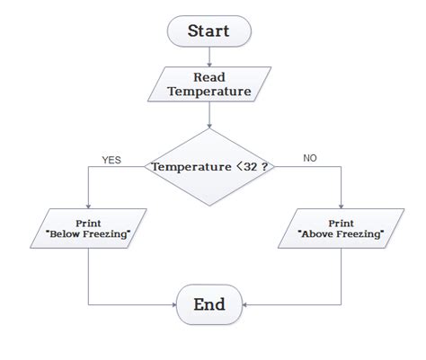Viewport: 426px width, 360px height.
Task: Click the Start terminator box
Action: click(209, 31)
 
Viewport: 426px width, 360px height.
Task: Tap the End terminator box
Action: click(209, 304)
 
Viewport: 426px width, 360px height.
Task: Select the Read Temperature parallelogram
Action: click(209, 83)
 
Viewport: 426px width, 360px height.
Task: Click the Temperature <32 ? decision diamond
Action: click(209, 167)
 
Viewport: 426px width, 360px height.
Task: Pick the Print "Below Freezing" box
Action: click(88, 228)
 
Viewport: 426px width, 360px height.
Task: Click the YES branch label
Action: click(111, 161)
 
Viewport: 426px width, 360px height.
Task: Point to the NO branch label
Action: click(310, 158)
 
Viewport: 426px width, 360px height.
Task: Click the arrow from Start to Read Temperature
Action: click(209, 57)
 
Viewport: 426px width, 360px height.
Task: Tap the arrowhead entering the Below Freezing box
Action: click(88, 205)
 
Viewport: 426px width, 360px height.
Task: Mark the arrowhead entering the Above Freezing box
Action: click(341, 205)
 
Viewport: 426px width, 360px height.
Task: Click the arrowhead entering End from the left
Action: click(173, 304)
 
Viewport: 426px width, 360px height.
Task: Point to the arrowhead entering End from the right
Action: click(245, 304)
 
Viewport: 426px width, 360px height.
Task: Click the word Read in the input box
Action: click(209, 77)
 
